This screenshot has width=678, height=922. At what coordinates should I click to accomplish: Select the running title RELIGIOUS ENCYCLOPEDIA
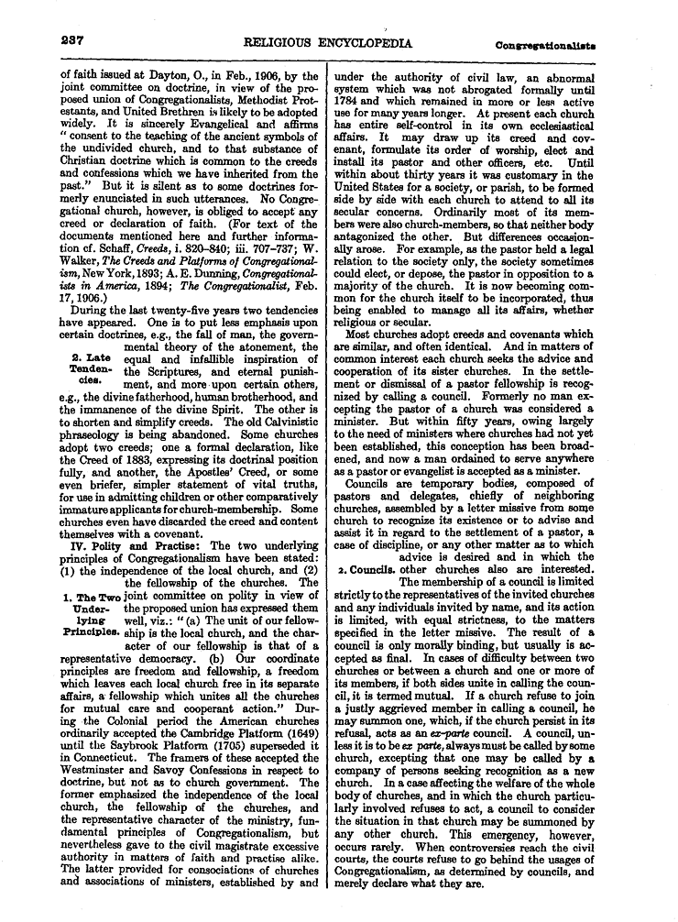click(x=327, y=43)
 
